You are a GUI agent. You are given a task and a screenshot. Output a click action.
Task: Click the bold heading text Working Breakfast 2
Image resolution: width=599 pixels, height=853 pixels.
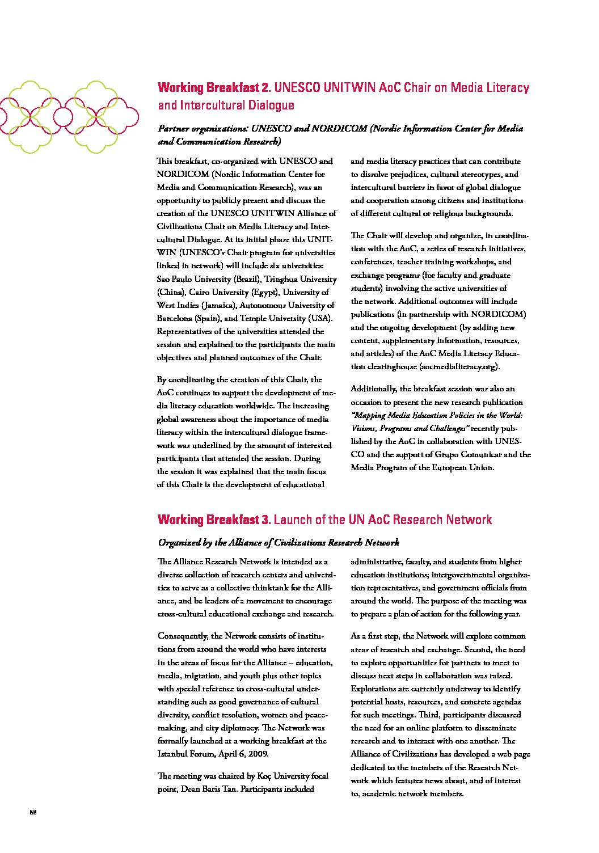(x=215, y=88)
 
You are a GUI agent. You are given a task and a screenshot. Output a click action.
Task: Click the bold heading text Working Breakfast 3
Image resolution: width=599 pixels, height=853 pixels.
(x=215, y=520)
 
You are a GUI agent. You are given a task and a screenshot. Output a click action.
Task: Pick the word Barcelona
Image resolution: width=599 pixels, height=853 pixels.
(x=175, y=318)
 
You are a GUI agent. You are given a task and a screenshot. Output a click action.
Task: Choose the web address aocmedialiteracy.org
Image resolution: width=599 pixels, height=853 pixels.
(x=459, y=366)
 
